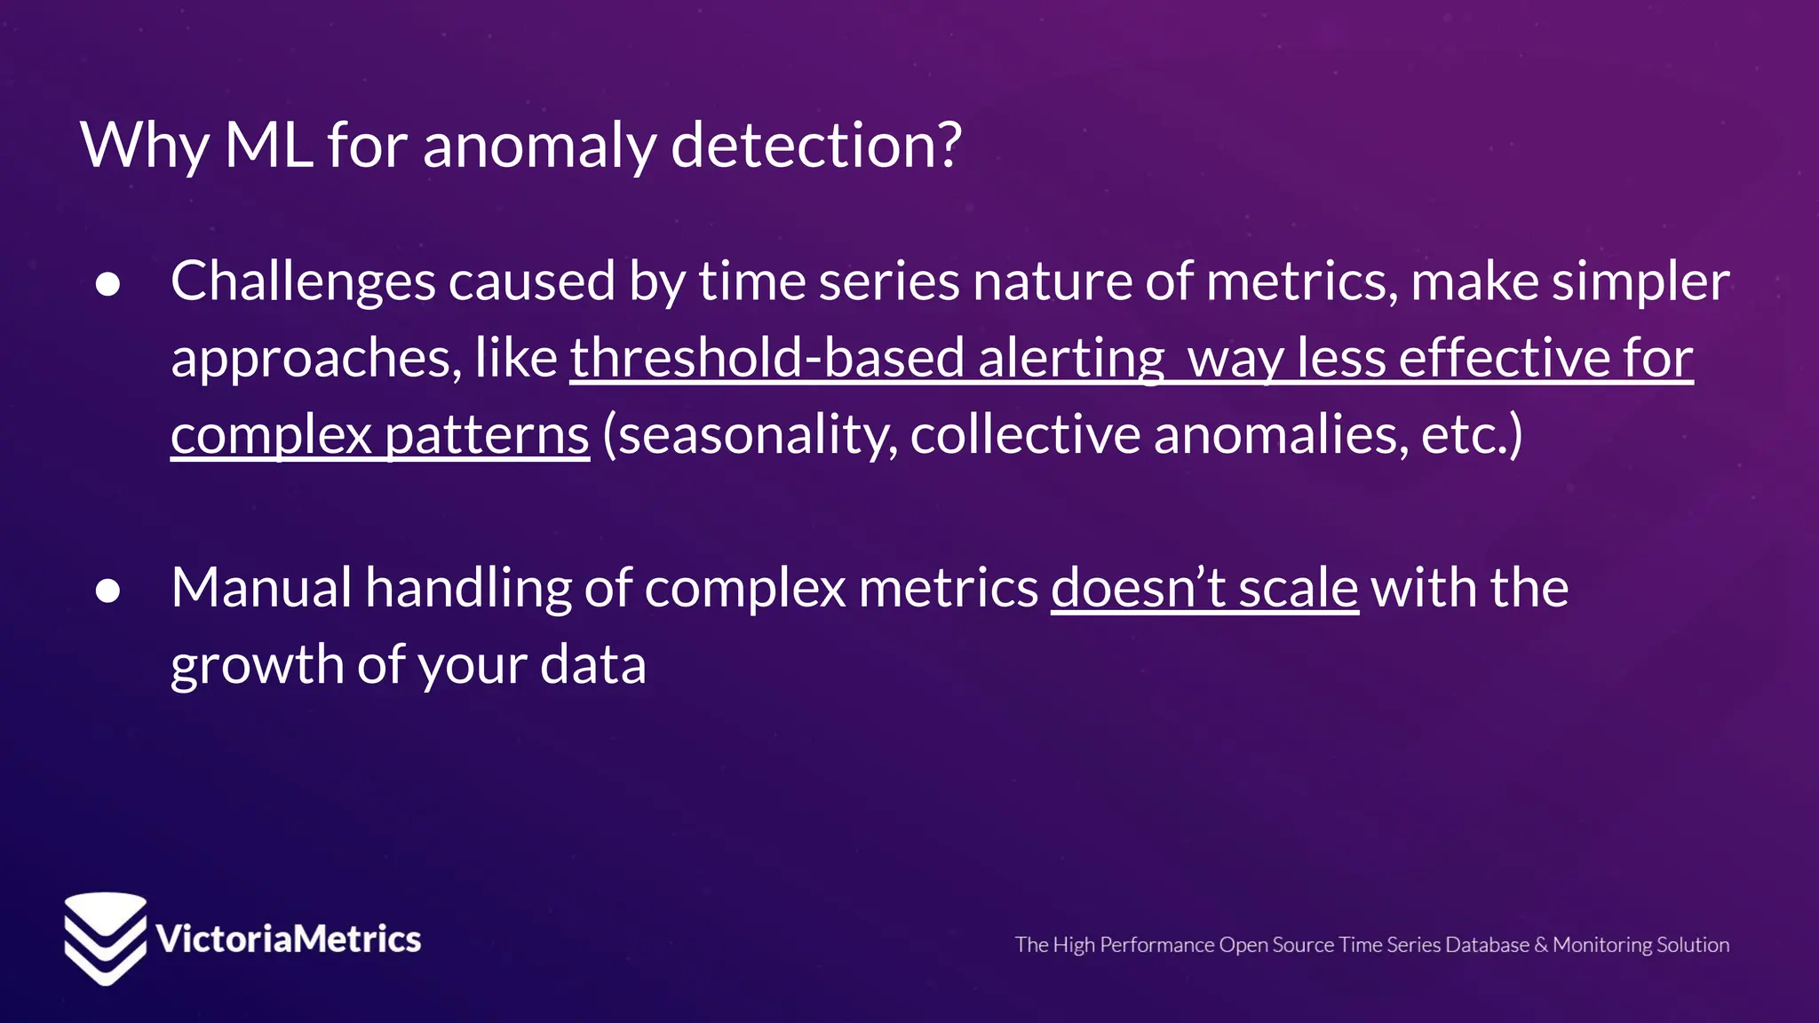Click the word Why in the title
145,146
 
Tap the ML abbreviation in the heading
268,146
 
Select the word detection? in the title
816,146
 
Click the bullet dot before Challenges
107,284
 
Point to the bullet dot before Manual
107,591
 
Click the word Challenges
303,282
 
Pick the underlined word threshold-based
767,359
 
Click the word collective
1025,435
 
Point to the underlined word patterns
487,435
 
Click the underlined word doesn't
1138,588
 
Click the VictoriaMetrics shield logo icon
105,938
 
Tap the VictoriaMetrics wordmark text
288,940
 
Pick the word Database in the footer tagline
1487,945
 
